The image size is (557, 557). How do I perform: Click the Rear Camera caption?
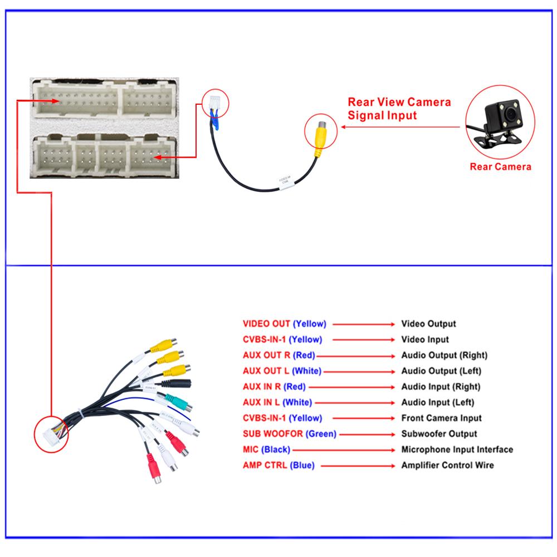click(500, 166)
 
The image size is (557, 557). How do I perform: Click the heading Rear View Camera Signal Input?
click(399, 109)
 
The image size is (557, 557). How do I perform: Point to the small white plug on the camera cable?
click(214, 104)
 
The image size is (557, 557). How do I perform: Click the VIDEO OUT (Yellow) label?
click(284, 324)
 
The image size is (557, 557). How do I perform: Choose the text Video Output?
click(428, 324)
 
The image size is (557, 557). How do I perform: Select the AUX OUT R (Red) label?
click(279, 355)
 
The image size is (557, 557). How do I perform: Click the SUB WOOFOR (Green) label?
click(290, 434)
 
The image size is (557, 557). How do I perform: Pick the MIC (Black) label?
click(266, 449)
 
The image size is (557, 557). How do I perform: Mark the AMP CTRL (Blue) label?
click(278, 465)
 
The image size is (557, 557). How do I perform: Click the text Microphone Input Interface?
click(457, 449)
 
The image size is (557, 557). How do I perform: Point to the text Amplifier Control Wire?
click(447, 465)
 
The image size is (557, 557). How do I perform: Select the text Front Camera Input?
click(441, 418)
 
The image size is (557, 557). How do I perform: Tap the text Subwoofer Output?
click(439, 434)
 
